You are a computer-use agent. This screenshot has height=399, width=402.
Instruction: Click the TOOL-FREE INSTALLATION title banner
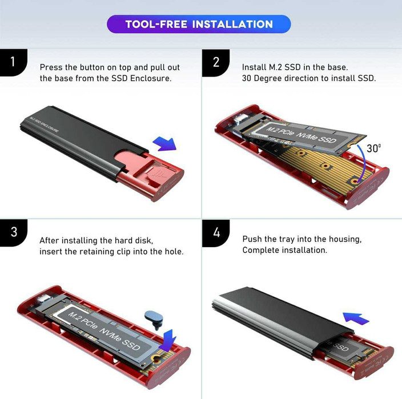tap(199, 24)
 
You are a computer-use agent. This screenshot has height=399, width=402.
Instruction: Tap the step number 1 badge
tap(13, 62)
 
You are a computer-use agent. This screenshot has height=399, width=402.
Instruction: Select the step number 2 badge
tap(215, 62)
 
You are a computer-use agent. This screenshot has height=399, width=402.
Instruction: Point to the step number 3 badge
tap(13, 233)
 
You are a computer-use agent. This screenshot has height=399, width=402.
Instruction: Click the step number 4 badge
tap(215, 233)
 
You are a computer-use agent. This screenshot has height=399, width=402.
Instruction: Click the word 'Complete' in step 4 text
tap(260, 250)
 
